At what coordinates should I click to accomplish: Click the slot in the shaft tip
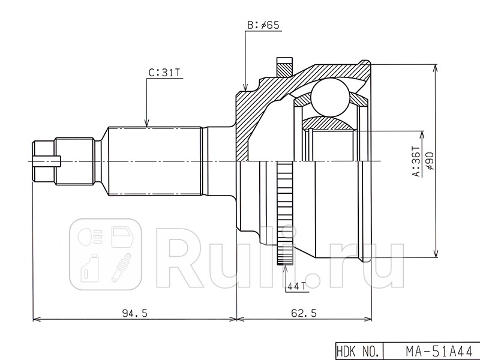[48, 161]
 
